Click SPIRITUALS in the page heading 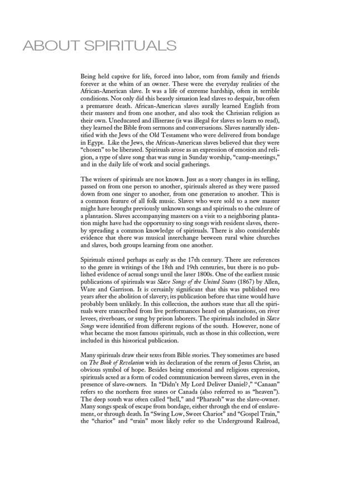tap(130, 46)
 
